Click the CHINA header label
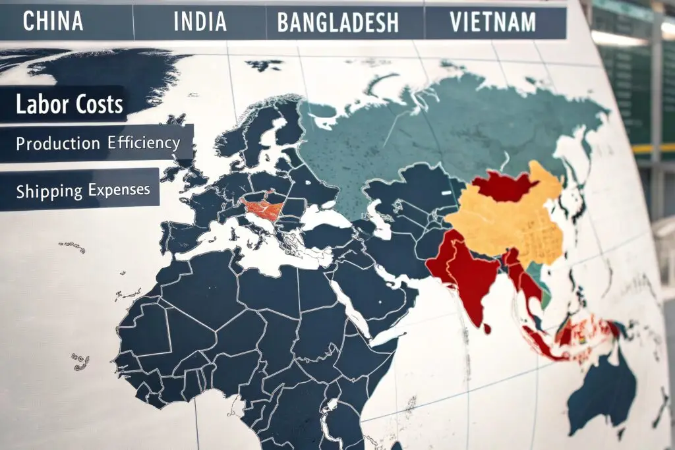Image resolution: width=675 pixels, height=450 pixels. (x=53, y=21)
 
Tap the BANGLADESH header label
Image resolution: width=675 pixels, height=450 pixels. (x=338, y=23)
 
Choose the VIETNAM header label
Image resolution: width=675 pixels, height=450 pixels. (x=492, y=22)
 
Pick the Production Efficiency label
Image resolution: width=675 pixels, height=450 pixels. (x=98, y=143)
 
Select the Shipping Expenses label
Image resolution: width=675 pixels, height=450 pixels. (x=83, y=190)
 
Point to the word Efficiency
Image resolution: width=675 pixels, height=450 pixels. (x=140, y=143)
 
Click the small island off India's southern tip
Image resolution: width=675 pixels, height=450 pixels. (x=486, y=327)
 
